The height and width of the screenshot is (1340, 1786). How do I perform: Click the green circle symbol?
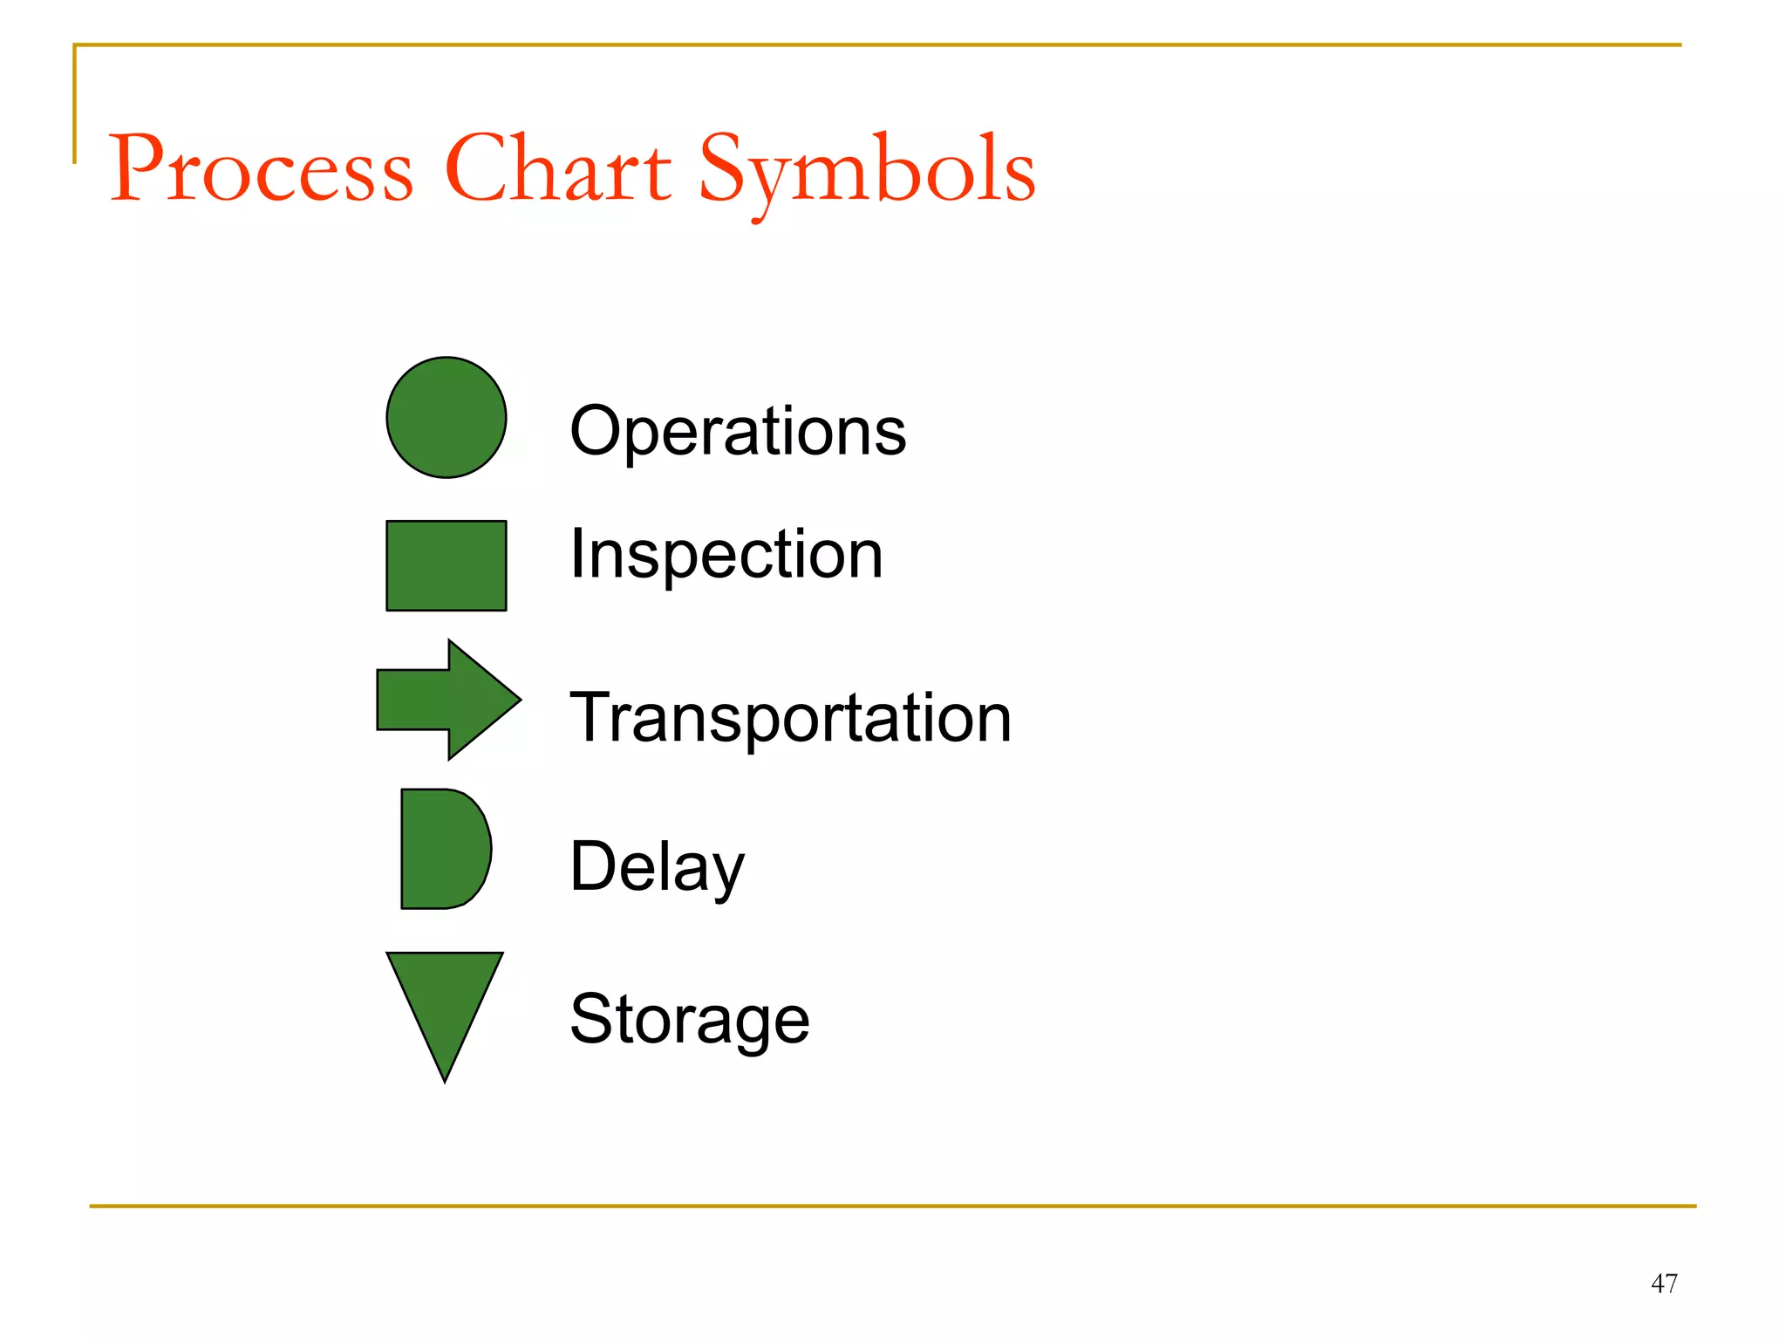point(446,417)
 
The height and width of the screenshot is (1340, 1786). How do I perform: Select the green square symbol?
point(446,565)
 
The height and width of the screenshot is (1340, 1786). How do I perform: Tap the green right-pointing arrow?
point(445,700)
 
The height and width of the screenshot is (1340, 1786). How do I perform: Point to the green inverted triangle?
point(445,999)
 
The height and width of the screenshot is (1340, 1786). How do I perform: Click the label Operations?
point(738,432)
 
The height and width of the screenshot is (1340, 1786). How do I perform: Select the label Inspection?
point(726,555)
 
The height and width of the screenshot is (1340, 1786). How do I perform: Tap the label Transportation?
point(790,718)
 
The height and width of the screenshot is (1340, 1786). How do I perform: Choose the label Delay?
point(657,867)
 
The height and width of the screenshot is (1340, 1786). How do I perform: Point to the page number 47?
point(1664,1283)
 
